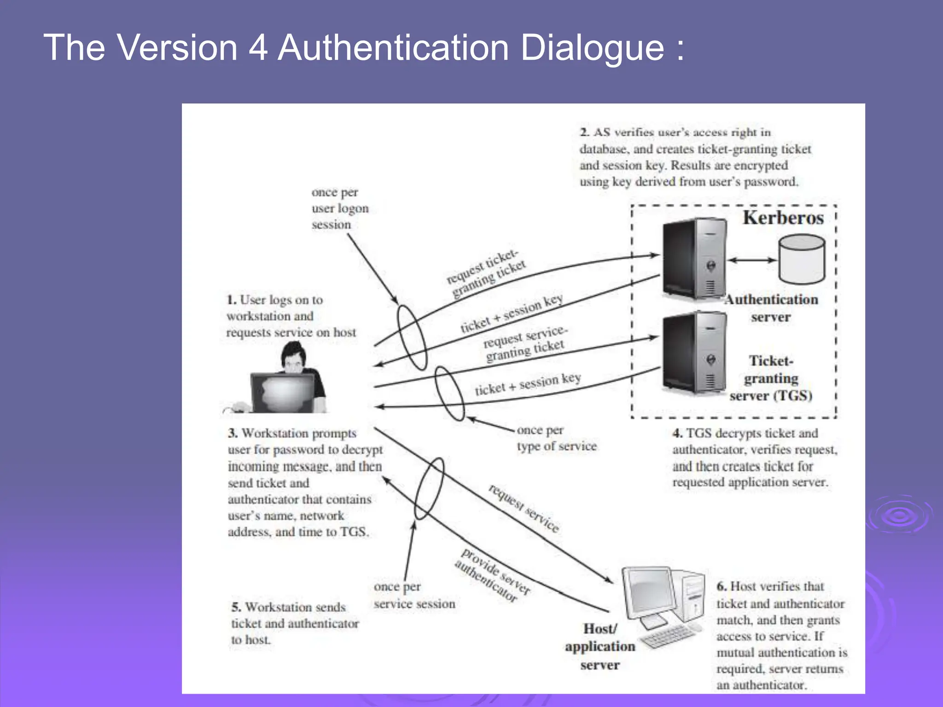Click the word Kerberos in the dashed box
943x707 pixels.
[783, 218]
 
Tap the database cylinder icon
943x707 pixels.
[802, 259]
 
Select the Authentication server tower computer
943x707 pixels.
[694, 259]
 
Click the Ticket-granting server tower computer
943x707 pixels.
[694, 352]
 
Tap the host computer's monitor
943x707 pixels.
[649, 594]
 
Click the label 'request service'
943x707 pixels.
[524, 508]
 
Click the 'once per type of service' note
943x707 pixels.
[556, 438]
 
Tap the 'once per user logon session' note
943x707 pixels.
[340, 209]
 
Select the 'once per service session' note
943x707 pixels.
[414, 595]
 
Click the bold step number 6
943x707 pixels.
[722, 586]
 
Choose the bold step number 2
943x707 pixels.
[584, 133]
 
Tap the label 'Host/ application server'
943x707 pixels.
[600, 647]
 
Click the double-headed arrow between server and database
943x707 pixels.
[752, 260]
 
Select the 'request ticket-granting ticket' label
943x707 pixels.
[486, 273]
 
